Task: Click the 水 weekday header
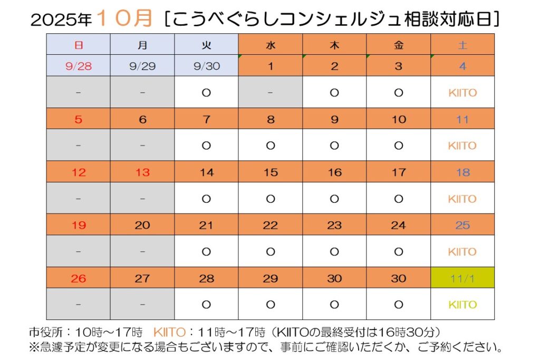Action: (271, 45)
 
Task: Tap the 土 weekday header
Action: (462, 45)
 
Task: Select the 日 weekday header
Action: (79, 45)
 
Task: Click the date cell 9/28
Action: (79, 66)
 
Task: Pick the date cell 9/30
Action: (206, 66)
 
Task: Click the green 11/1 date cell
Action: (462, 278)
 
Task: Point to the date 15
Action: (271, 172)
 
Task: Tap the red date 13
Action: (142, 172)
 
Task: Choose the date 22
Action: (271, 225)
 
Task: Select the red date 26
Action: (79, 278)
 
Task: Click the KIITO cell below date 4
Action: (462, 93)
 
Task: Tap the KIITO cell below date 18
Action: (462, 199)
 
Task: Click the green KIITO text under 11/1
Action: (462, 305)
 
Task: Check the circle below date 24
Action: (399, 251)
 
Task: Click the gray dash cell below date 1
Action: (271, 93)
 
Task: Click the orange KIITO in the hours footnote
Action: (169, 333)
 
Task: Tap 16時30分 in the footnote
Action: (408, 333)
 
